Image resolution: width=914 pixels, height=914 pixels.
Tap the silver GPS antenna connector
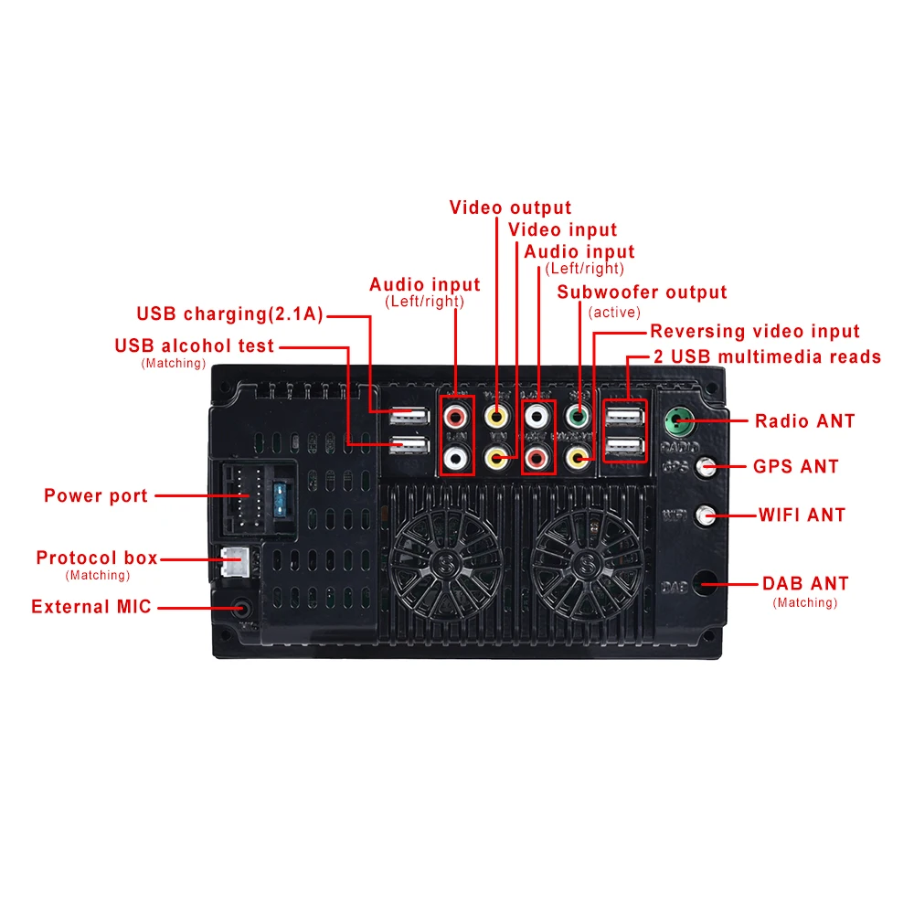click(x=705, y=468)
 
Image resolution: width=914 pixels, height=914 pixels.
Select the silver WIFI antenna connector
click(x=705, y=515)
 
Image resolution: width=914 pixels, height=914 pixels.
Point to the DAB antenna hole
click(x=705, y=584)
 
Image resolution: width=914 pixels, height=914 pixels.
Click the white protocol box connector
click(x=231, y=561)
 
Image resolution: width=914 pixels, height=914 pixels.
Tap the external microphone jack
click(x=240, y=608)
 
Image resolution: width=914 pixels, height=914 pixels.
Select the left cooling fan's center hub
click(x=447, y=559)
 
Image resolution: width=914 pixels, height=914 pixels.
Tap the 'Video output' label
click(x=510, y=207)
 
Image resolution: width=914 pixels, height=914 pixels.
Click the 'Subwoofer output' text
click(x=642, y=292)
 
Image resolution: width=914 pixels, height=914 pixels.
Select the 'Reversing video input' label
click(x=755, y=332)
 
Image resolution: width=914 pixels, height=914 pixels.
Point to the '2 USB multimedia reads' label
click(x=767, y=356)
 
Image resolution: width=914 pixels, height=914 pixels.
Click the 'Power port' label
click(x=96, y=496)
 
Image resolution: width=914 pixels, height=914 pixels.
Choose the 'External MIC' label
click(x=91, y=607)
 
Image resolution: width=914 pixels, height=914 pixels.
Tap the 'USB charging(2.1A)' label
click(x=229, y=314)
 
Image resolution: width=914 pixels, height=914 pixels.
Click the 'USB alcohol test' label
click(x=194, y=346)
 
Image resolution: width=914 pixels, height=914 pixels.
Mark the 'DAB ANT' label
click(x=805, y=584)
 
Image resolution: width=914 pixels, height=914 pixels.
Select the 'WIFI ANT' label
click(x=802, y=515)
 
